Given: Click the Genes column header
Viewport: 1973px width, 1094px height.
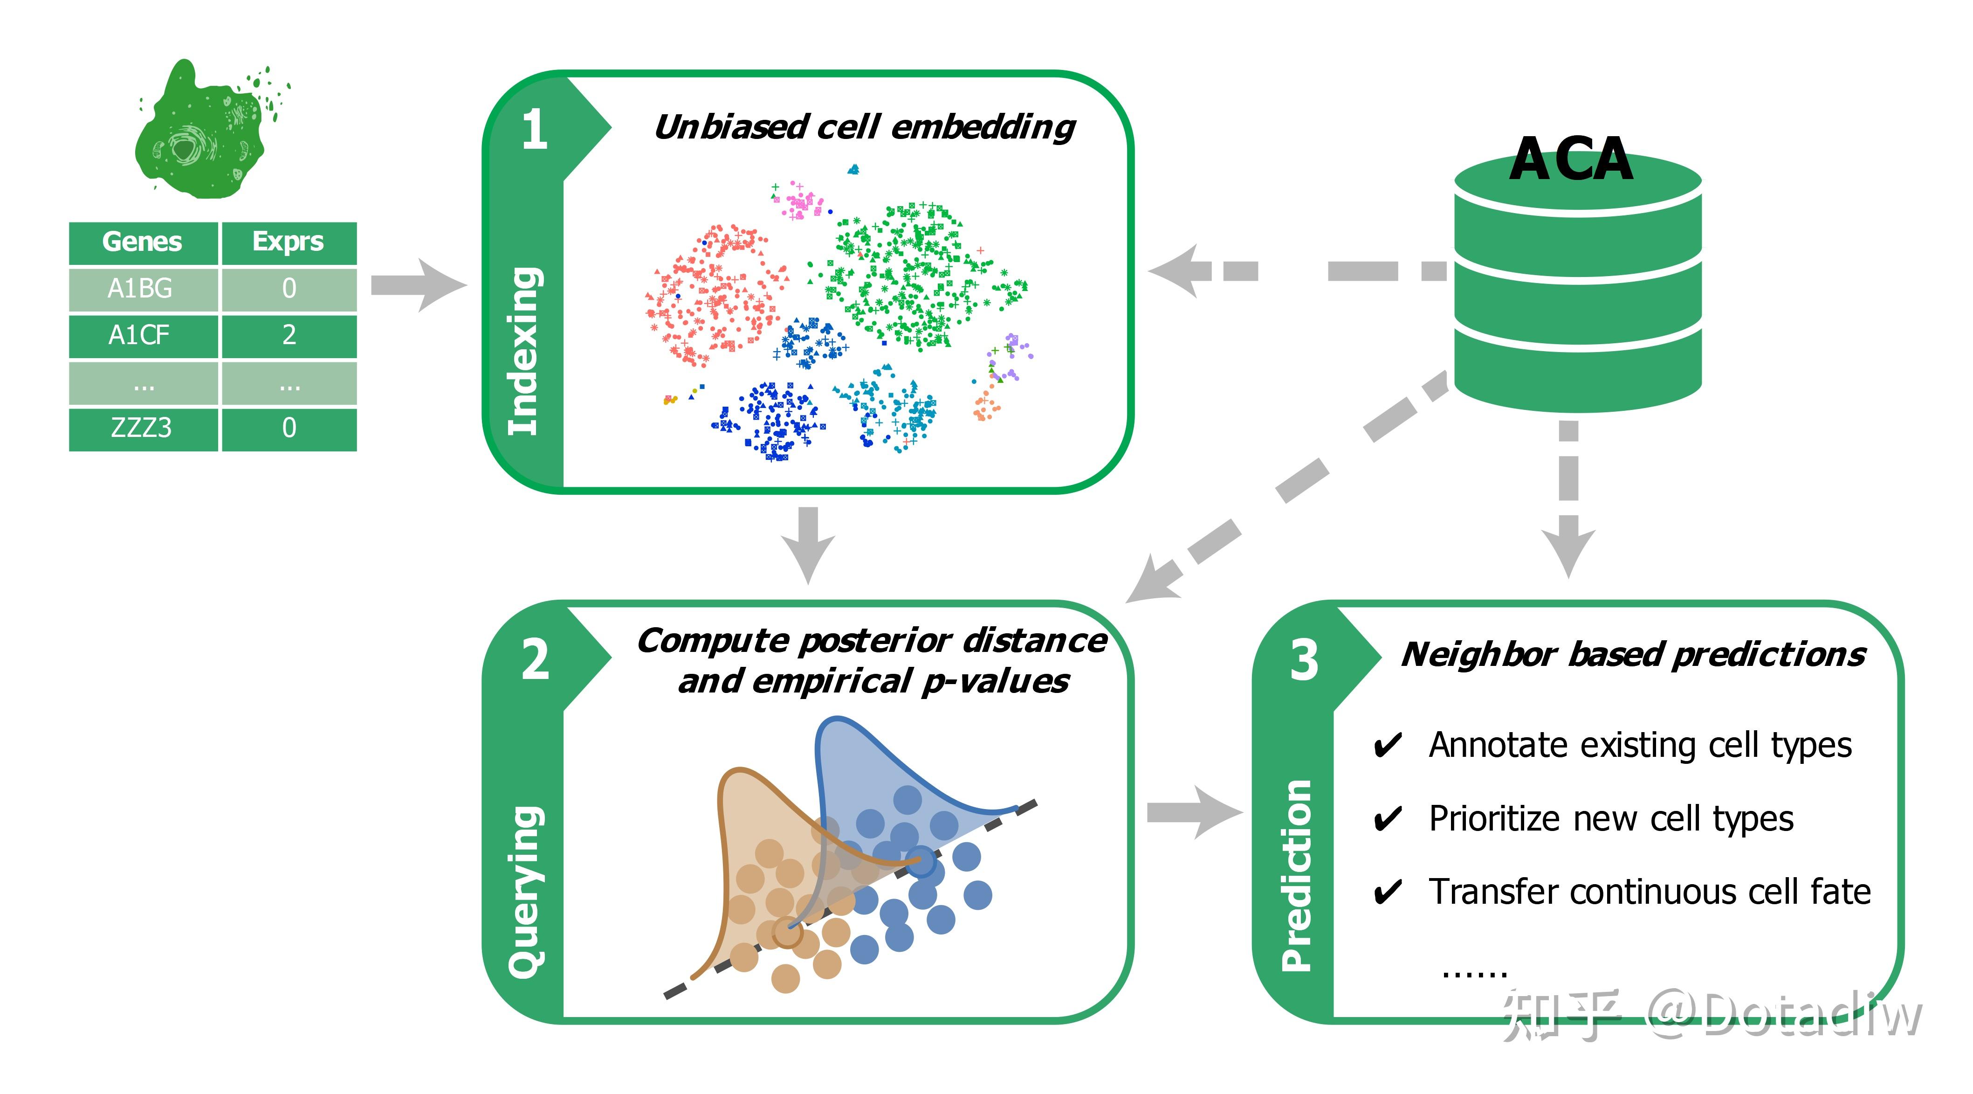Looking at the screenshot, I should pos(143,242).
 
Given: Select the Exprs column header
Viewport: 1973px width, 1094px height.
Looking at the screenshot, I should pos(288,242).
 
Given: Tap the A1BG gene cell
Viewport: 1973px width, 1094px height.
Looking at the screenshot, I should pos(141,289).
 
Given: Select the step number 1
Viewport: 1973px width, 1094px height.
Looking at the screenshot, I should pos(535,130).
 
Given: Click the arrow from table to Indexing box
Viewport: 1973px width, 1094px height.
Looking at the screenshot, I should pos(418,285).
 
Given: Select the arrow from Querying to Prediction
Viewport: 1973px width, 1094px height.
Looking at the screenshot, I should pos(1193,812).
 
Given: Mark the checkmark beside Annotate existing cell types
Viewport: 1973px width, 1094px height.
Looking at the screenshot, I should pos(1387,745).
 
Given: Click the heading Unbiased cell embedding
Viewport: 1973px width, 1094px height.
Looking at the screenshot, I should pos(865,127).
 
